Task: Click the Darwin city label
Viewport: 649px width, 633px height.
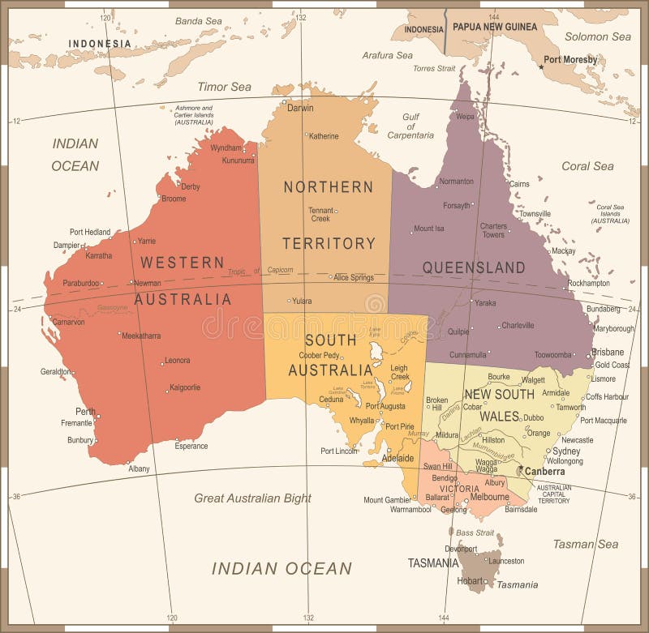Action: coord(299,108)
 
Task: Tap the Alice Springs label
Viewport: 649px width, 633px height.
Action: coord(353,277)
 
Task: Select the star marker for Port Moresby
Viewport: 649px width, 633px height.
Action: coord(541,66)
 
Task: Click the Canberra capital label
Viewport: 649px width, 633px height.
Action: coord(544,471)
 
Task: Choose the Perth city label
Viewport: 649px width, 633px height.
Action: coord(85,411)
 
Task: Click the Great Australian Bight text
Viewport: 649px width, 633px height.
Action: coord(252,498)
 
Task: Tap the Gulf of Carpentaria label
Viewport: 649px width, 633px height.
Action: coord(410,126)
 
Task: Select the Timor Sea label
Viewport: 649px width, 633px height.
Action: coord(224,87)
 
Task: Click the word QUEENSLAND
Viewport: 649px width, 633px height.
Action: coord(474,267)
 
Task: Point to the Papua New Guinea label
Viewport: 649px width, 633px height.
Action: coord(493,28)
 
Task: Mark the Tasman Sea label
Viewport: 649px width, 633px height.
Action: coord(586,544)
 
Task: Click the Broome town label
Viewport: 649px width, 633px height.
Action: coord(173,199)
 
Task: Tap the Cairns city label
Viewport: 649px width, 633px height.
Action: coord(519,184)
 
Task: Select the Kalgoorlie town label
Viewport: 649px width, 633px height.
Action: coord(184,387)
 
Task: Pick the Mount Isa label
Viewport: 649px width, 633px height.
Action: coord(429,229)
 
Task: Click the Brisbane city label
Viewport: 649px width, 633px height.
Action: coord(608,352)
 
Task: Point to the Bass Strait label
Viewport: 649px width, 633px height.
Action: coord(475,532)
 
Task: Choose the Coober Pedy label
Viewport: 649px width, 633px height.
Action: coord(319,355)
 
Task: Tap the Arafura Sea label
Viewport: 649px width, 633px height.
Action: coord(387,56)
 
